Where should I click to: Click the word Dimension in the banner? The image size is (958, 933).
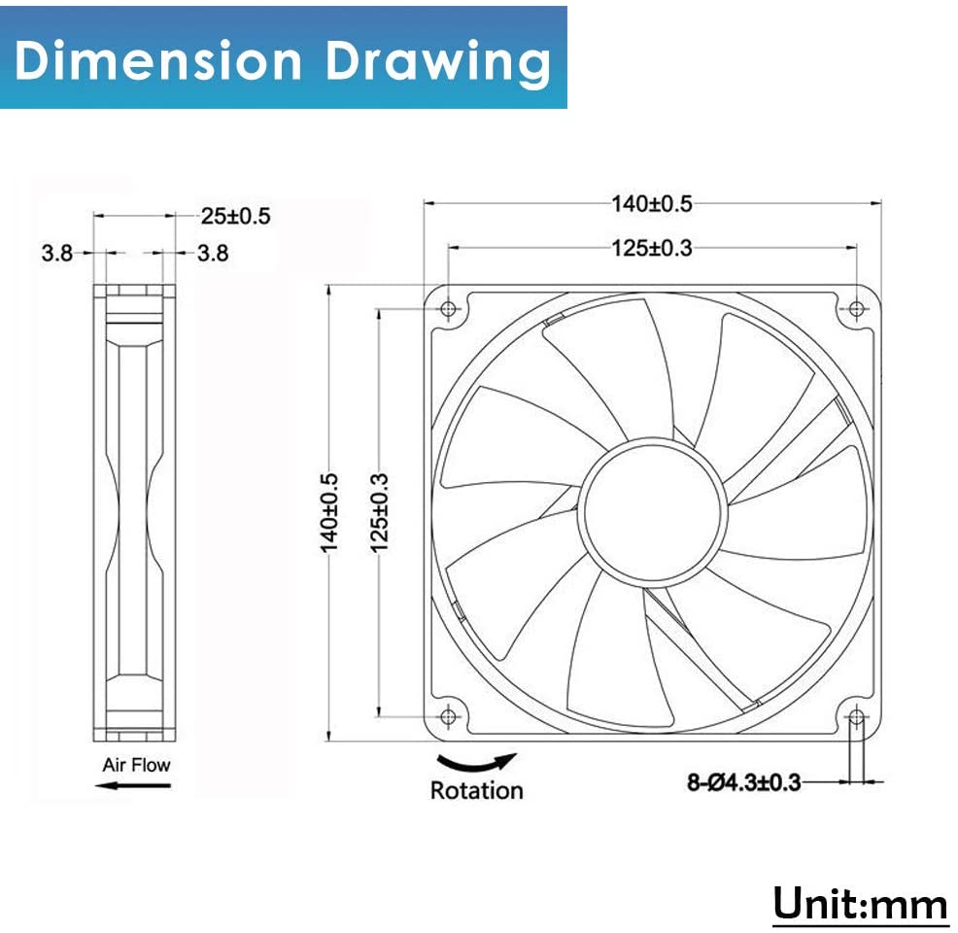pyautogui.click(x=158, y=60)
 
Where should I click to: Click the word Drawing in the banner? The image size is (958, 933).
pyautogui.click(x=438, y=63)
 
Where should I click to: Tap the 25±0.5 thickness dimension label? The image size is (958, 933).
pyautogui.click(x=236, y=216)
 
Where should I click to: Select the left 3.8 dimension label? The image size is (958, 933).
pyautogui.click(x=56, y=253)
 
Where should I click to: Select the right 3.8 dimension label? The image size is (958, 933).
pyautogui.click(x=213, y=253)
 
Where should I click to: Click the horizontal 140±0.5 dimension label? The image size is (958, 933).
pyautogui.click(x=652, y=203)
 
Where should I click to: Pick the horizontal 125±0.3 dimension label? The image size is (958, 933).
pyautogui.click(x=652, y=248)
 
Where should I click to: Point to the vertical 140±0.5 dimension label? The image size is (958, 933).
pyautogui.click(x=329, y=512)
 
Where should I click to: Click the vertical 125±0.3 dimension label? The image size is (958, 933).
pyautogui.click(x=380, y=512)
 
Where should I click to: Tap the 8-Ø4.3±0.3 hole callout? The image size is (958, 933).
pyautogui.click(x=743, y=782)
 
